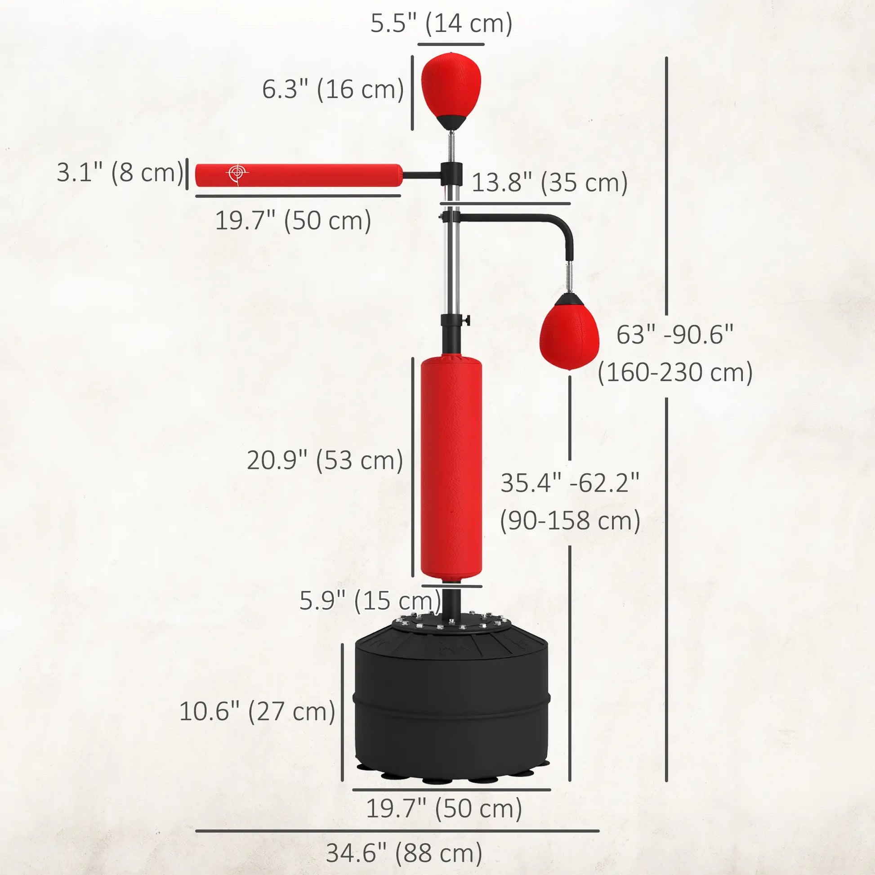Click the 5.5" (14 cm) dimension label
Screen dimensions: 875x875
coord(441,23)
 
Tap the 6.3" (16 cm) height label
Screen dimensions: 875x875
coord(333,89)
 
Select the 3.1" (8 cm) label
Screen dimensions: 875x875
coord(120,173)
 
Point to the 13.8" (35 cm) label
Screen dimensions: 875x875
coord(549,183)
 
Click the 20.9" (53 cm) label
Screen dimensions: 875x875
coord(325,460)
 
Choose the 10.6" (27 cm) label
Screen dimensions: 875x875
coord(257,711)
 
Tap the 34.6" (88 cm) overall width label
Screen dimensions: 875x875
coord(404,853)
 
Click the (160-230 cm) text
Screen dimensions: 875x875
coord(675,373)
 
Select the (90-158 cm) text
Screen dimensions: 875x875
coord(570,520)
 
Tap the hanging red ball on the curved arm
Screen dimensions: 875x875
coord(569,333)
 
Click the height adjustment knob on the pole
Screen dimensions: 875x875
coord(467,321)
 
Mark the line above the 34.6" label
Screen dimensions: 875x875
coord(397,831)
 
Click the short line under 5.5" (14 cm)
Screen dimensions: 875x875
coord(451,45)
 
